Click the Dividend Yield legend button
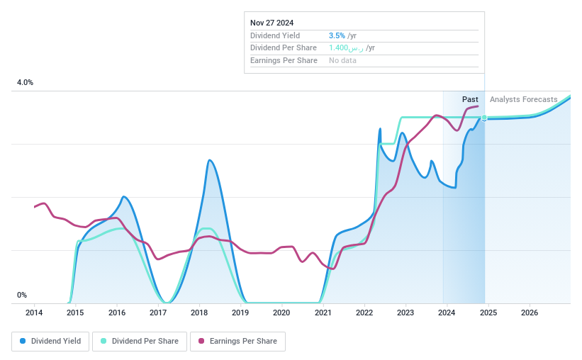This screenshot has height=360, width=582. pyautogui.click(x=50, y=341)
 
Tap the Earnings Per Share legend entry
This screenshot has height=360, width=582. pyautogui.click(x=238, y=341)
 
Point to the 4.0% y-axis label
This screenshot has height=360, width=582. pyautogui.click(x=25, y=83)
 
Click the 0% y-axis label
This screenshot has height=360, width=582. pyautogui.click(x=22, y=295)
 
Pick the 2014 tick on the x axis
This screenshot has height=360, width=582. pyautogui.click(x=34, y=313)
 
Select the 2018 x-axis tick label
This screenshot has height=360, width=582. pyautogui.click(x=199, y=313)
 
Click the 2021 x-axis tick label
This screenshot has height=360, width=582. pyautogui.click(x=323, y=313)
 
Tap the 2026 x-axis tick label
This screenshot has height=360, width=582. pyautogui.click(x=529, y=313)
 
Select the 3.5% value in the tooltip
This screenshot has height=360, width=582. pyautogui.click(x=337, y=35)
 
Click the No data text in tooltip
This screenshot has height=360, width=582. pyautogui.click(x=342, y=60)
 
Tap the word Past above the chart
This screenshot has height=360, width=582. pyautogui.click(x=470, y=99)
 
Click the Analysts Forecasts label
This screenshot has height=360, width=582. pyautogui.click(x=523, y=99)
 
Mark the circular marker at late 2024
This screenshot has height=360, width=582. pyautogui.click(x=484, y=118)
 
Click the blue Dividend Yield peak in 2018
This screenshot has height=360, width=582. pyautogui.click(x=209, y=160)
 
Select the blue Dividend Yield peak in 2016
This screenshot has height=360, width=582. pyautogui.click(x=124, y=196)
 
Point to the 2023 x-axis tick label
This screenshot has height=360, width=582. pyautogui.click(x=405, y=313)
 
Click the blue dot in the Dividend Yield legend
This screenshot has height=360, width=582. pyautogui.click(x=23, y=341)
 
